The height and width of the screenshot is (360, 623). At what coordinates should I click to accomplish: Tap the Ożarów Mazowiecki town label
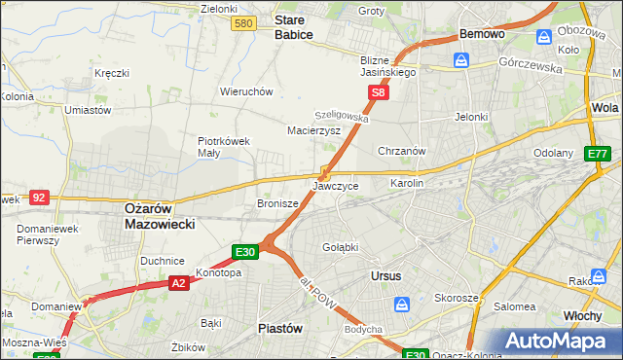point(160,216)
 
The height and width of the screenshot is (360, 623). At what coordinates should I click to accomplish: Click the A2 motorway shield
point(178,282)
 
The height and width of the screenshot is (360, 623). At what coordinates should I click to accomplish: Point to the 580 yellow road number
point(244,23)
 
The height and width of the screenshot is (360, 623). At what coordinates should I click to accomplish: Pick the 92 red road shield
point(39,198)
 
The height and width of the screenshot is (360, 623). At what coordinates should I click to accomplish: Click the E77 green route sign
point(597,154)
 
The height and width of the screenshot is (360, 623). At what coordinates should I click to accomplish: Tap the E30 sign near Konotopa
point(245,252)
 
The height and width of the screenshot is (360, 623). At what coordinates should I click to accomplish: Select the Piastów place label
point(279,328)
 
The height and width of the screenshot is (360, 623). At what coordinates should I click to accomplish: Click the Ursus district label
point(386,276)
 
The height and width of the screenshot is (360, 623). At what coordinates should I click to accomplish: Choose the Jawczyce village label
point(336,185)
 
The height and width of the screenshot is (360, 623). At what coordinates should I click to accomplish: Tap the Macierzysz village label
point(313,129)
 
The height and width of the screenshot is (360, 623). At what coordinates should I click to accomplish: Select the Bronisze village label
point(276,204)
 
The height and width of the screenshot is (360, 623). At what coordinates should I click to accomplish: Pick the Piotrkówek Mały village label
point(224,146)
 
